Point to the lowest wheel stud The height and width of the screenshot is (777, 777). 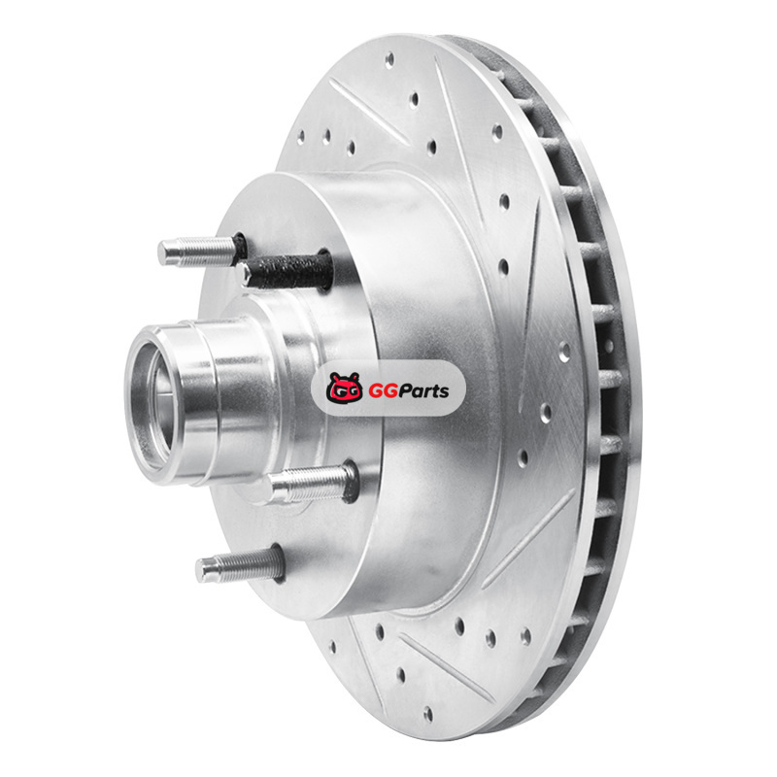(x=240, y=565)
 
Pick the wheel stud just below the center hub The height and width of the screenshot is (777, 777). (x=311, y=482)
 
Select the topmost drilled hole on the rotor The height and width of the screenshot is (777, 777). (x=389, y=59)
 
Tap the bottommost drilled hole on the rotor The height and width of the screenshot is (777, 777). (x=428, y=714)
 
